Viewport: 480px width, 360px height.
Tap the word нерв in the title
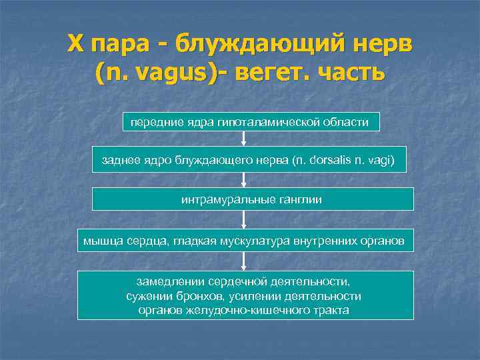click(x=380, y=44)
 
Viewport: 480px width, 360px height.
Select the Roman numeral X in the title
click(x=75, y=44)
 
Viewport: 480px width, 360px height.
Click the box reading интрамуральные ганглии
click(x=252, y=199)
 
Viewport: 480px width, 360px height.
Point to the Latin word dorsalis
click(x=328, y=161)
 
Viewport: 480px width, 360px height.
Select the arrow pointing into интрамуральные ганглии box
click(x=244, y=179)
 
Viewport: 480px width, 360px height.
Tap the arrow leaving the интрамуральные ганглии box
click(x=244, y=219)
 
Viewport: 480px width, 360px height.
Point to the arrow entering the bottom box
click(x=244, y=261)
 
